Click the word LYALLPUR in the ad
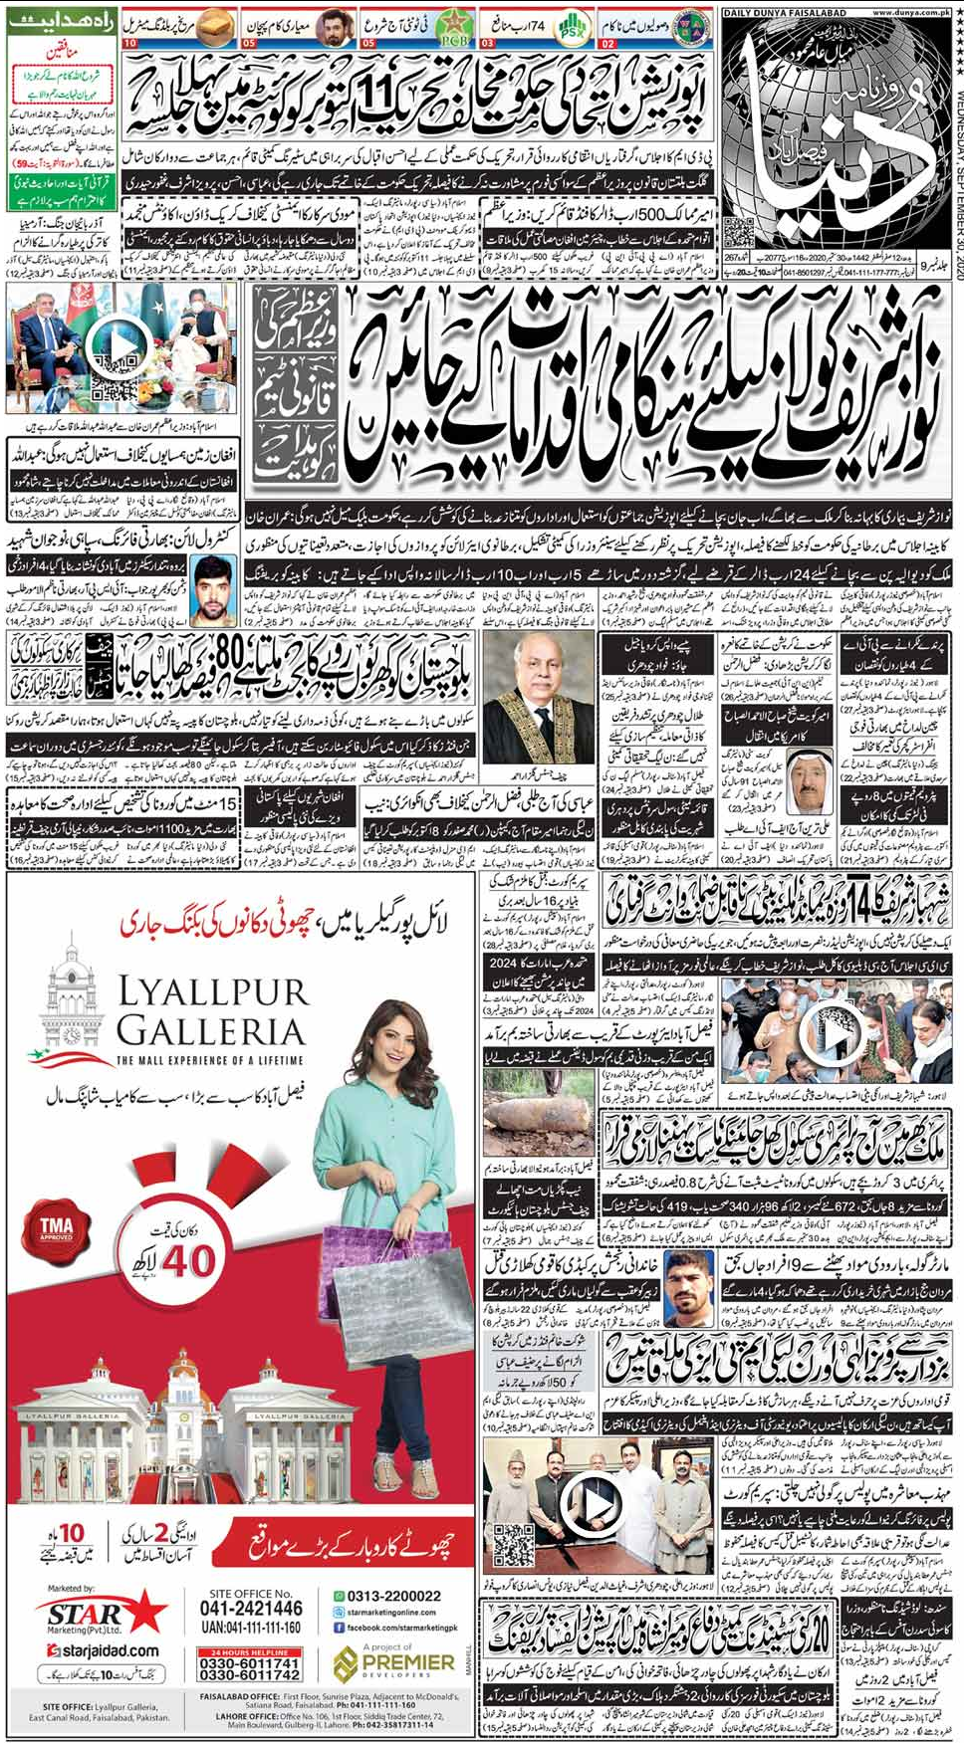point(213,992)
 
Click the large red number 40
point(188,1261)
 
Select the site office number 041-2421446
point(251,1609)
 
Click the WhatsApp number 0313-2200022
point(392,1596)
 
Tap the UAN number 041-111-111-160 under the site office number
point(251,1628)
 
